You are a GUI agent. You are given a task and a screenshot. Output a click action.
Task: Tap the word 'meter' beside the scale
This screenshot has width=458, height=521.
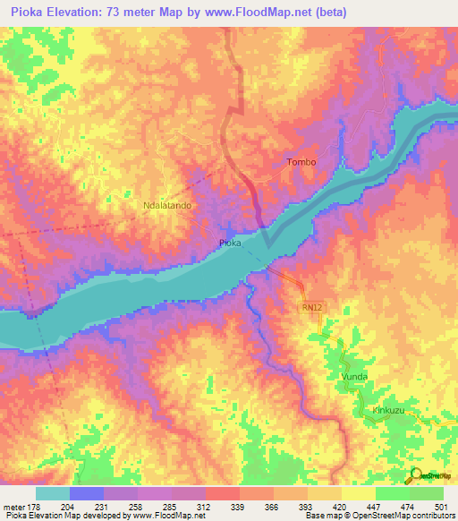(x=15, y=506)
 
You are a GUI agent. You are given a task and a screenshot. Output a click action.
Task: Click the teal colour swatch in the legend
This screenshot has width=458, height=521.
(x=52, y=493)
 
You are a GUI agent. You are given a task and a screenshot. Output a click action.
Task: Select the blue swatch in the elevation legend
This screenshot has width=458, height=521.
(x=86, y=493)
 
